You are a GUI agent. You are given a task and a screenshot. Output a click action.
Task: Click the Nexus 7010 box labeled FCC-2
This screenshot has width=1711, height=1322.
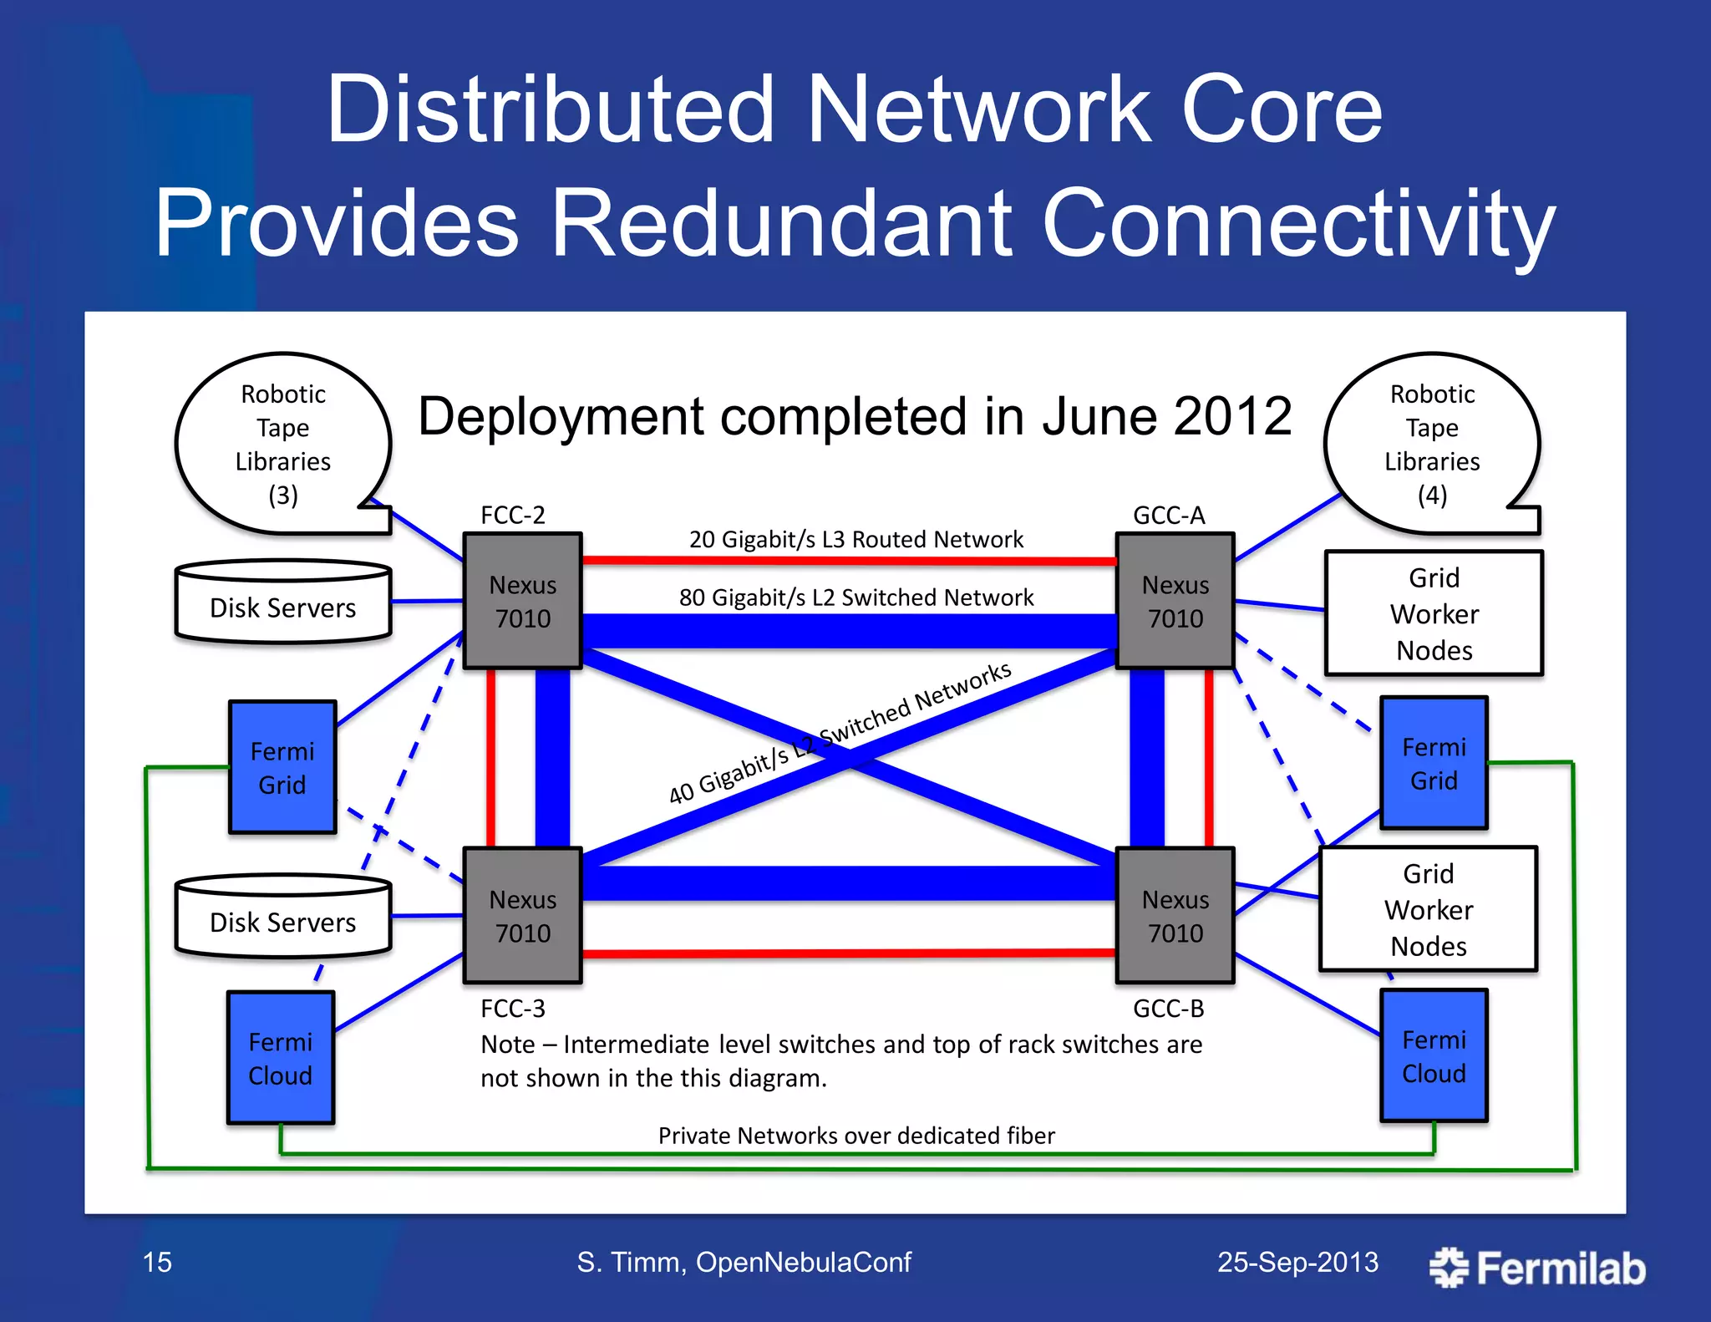[522, 601]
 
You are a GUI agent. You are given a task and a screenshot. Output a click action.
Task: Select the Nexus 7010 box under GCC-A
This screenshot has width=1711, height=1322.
[1175, 601]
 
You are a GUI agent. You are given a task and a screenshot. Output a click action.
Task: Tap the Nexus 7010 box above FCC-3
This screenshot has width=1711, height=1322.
[522, 915]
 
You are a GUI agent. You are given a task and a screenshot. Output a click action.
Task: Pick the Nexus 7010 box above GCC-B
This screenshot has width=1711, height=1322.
[1175, 915]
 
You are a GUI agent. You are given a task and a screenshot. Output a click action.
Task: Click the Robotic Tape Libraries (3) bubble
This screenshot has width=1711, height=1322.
[282, 444]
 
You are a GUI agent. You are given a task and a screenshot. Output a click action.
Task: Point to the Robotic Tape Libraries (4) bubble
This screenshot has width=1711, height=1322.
[1432, 444]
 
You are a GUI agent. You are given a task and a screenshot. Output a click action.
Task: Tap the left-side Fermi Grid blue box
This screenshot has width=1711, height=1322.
[282, 767]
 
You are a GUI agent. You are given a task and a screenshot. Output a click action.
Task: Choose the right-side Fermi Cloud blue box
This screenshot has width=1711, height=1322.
[1434, 1055]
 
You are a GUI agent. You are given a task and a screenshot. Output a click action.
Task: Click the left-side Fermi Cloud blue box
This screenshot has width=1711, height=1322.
[281, 1058]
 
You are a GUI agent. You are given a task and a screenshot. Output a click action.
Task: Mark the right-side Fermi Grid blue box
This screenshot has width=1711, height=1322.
[1434, 763]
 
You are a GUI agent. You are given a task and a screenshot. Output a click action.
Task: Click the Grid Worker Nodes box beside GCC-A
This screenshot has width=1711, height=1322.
[1434, 613]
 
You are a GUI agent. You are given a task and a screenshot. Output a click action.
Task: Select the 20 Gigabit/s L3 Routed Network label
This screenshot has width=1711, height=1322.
[855, 539]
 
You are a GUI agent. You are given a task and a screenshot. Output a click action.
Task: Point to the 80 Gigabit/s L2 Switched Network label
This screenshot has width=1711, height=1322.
[855, 597]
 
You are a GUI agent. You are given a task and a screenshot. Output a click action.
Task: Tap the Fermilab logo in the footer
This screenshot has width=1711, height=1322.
[1537, 1268]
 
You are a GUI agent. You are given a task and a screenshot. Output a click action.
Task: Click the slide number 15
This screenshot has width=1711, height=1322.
[157, 1262]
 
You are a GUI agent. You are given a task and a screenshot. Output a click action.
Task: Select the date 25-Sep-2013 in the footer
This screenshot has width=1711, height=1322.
[1297, 1262]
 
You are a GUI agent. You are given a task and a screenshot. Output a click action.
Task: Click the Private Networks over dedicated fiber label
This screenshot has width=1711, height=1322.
[855, 1136]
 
